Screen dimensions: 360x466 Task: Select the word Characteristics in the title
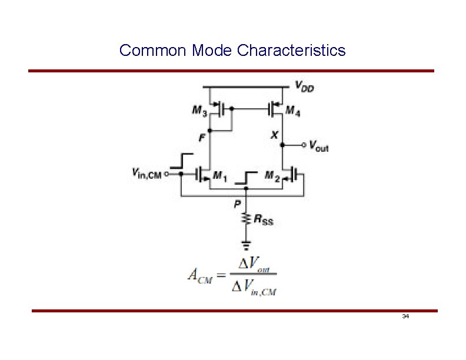[x=291, y=51]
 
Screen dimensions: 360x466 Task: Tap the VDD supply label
[x=304, y=88]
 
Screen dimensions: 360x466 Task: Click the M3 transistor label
[x=199, y=110]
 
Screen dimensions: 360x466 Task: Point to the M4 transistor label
[x=293, y=110]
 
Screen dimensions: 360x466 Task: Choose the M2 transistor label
[x=272, y=175]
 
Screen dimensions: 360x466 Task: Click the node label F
[x=202, y=138]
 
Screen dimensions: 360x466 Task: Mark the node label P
[x=238, y=204]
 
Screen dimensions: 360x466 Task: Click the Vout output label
[x=318, y=145]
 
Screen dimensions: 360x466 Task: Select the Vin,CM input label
[x=147, y=174]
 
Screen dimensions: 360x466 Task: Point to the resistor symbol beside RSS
[x=247, y=219]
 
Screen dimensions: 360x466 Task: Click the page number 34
[x=405, y=316]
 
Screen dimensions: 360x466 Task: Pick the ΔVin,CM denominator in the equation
[x=254, y=288]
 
